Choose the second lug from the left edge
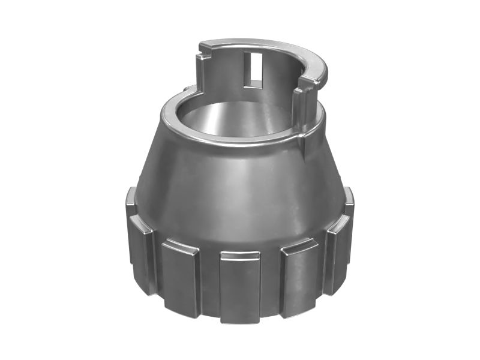pyautogui.click(x=142, y=252)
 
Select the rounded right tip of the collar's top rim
pyautogui.click(x=323, y=73)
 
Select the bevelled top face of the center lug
pyautogui.click(x=239, y=256)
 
